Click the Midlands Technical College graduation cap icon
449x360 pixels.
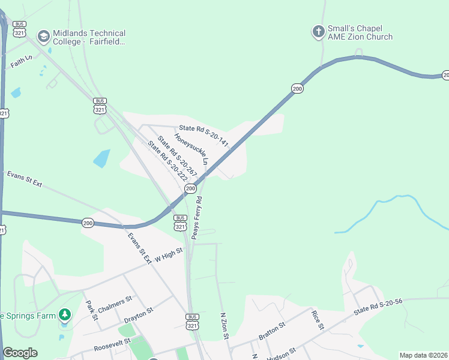tap(43, 37)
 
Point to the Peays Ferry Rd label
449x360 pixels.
tap(197, 217)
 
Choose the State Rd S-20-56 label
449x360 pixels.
tap(378, 307)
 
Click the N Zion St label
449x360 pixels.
tap(224, 326)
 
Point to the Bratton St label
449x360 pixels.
tap(271, 329)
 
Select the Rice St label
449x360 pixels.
tap(318, 319)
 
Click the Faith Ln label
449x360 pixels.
tap(21, 61)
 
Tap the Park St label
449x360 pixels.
tap(91, 310)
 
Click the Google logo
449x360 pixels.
tap(20, 353)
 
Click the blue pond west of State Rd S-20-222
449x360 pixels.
tap(101, 158)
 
